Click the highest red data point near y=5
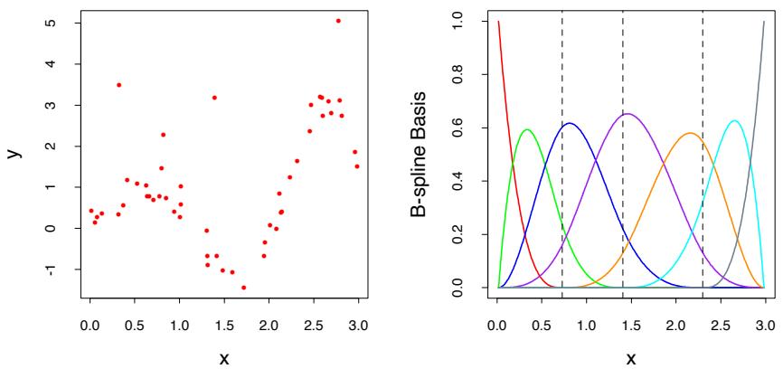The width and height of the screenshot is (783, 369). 338,21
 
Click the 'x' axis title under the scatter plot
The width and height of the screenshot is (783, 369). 224,358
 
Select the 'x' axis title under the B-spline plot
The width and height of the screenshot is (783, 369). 631,358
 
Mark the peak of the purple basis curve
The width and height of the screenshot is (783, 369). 627,114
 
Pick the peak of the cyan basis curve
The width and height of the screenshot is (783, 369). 734,121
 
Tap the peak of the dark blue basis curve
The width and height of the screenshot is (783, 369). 570,123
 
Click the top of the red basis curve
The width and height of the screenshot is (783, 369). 499,22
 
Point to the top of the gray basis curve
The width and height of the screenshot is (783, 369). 764,22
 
